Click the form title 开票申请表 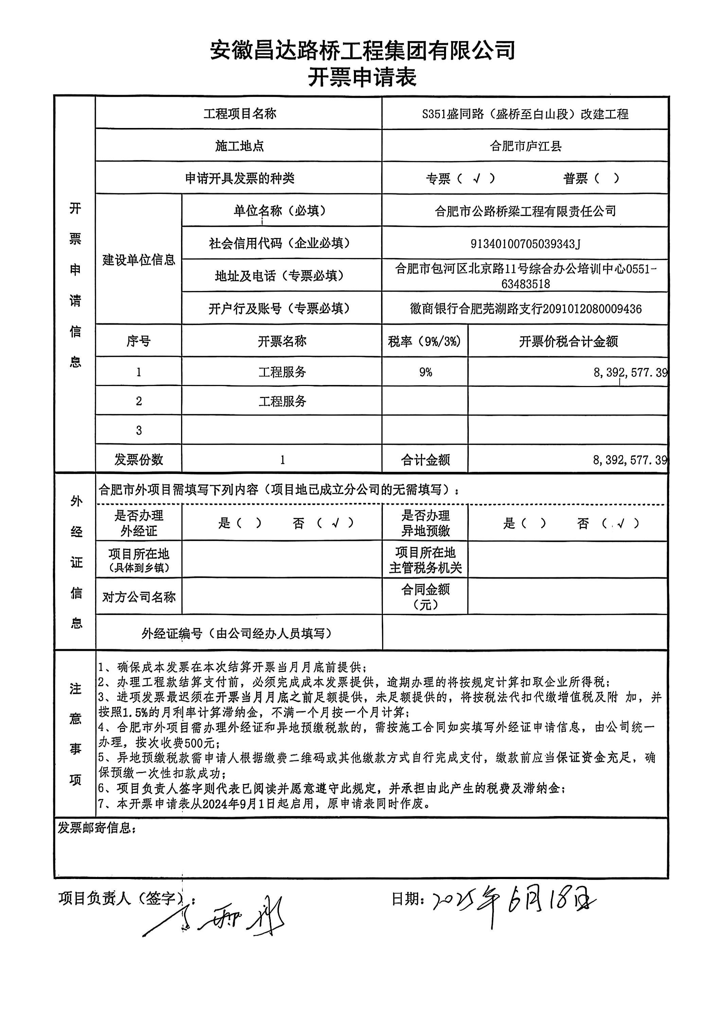pyautogui.click(x=362, y=77)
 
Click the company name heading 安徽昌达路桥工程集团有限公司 pyautogui.click(x=362, y=50)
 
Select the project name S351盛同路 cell pyautogui.click(x=525, y=114)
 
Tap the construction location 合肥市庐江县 pyautogui.click(x=525, y=146)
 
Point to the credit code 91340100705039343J pyautogui.click(x=525, y=244)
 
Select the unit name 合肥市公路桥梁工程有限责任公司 pyautogui.click(x=525, y=211)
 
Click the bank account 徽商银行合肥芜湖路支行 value pyautogui.click(x=525, y=309)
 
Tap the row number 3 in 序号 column pyautogui.click(x=139, y=430)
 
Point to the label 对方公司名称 pyautogui.click(x=139, y=597)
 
